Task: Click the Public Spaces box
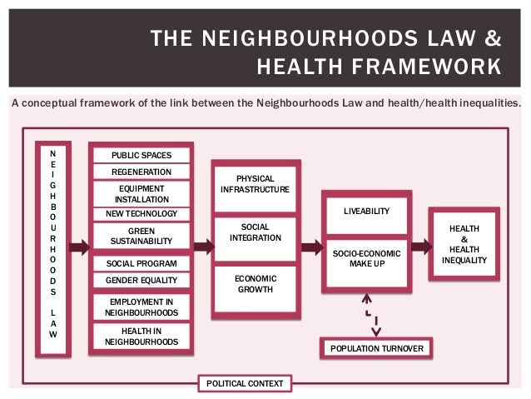tap(141, 155)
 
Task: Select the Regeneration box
tap(141, 172)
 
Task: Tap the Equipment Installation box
tap(141, 193)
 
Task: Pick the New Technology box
tap(141, 214)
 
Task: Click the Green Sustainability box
tap(141, 236)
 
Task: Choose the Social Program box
tap(141, 263)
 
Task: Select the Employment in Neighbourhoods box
tap(141, 306)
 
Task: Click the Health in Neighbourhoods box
tap(141, 335)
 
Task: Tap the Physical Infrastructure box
tap(256, 184)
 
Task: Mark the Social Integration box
tap(256, 232)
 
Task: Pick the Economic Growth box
tap(256, 283)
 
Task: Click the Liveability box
tap(366, 212)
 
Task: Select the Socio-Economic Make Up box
tap(366, 258)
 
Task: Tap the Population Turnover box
tap(376, 348)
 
